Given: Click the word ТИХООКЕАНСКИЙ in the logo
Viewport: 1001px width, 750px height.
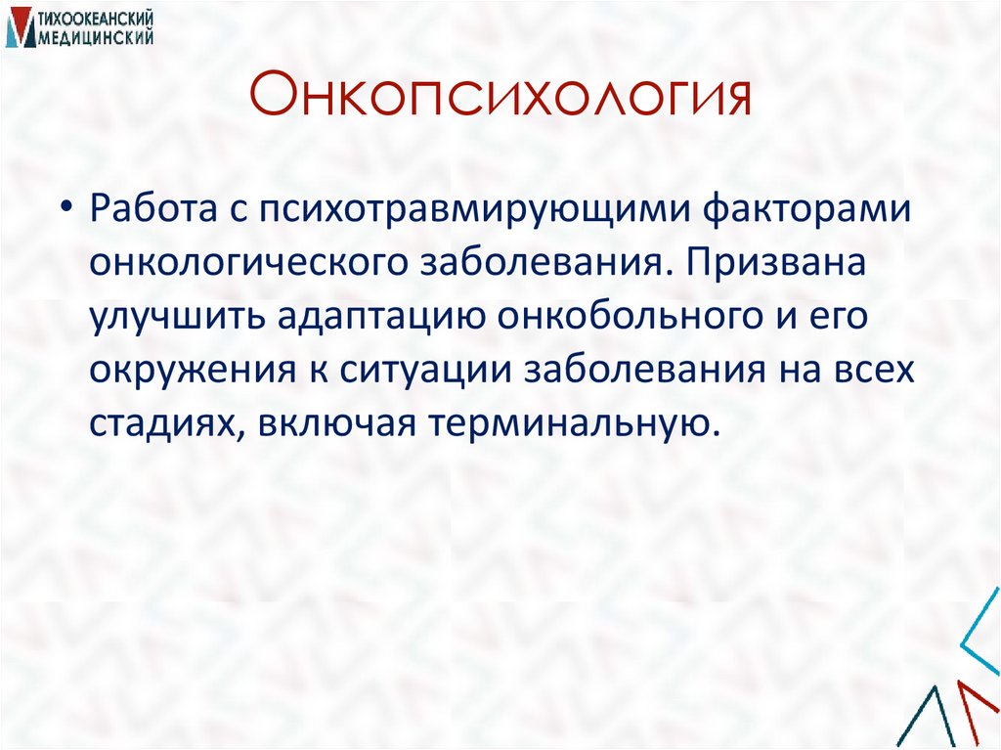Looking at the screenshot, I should point(95,18).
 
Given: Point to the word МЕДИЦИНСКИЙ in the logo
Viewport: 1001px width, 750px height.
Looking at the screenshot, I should point(95,36).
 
